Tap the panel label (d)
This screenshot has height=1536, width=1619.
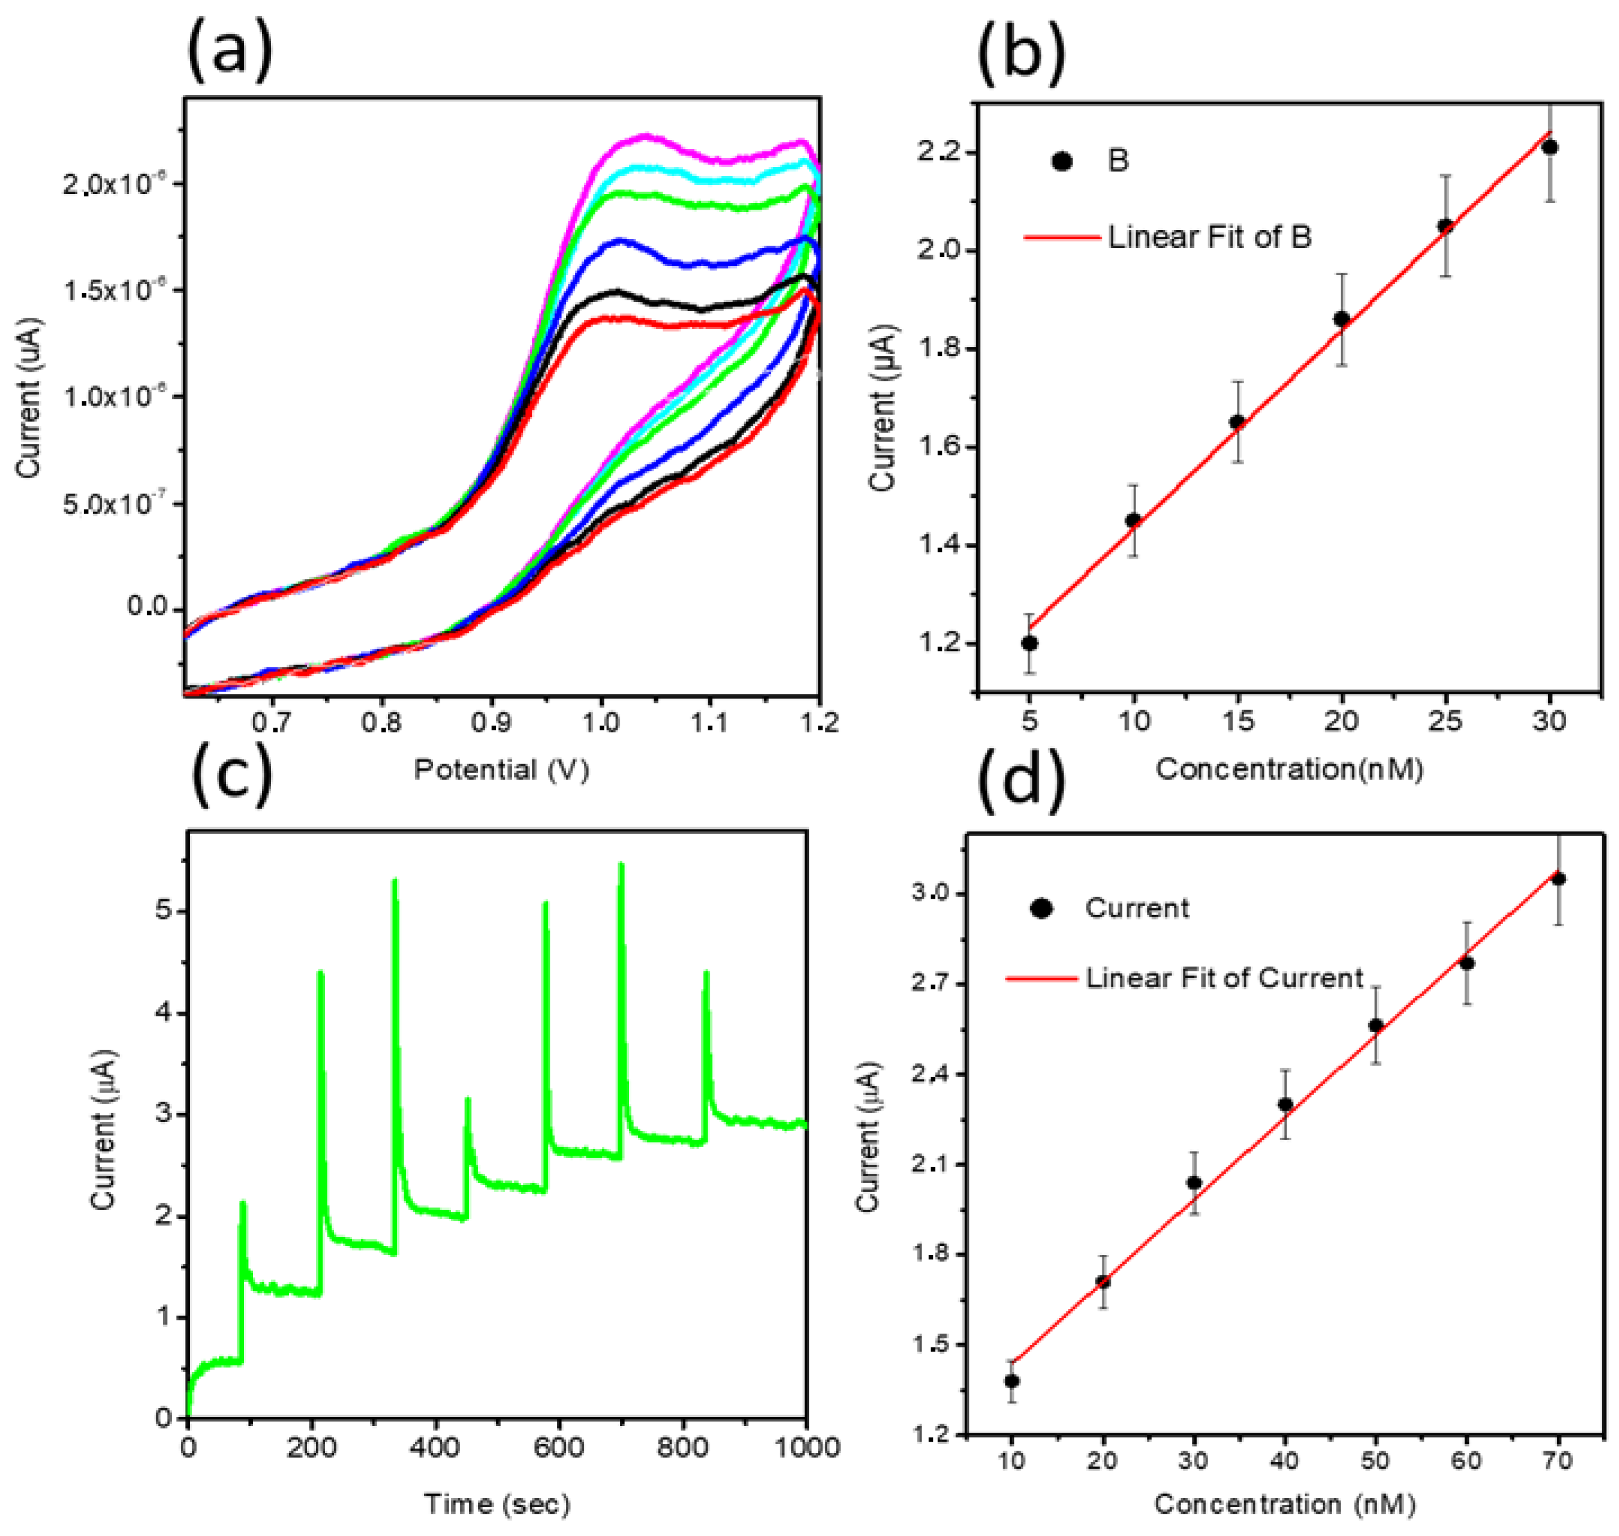click(x=1021, y=783)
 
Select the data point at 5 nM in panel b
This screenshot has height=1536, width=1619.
click(x=1030, y=643)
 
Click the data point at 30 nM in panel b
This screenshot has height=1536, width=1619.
click(x=1549, y=147)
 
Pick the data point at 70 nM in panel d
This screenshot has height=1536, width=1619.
click(x=1558, y=879)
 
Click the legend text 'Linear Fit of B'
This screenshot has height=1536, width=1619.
click(x=1209, y=237)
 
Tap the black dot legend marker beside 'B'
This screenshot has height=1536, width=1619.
click(x=1062, y=162)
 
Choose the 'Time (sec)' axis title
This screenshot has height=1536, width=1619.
click(x=496, y=1504)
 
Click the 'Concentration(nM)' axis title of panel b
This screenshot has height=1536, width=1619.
click(x=1289, y=769)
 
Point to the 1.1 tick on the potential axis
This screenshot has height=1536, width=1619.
click(x=709, y=722)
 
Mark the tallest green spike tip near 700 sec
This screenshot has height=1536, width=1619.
click(x=621, y=864)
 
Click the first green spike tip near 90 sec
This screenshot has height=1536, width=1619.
click(x=243, y=1203)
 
